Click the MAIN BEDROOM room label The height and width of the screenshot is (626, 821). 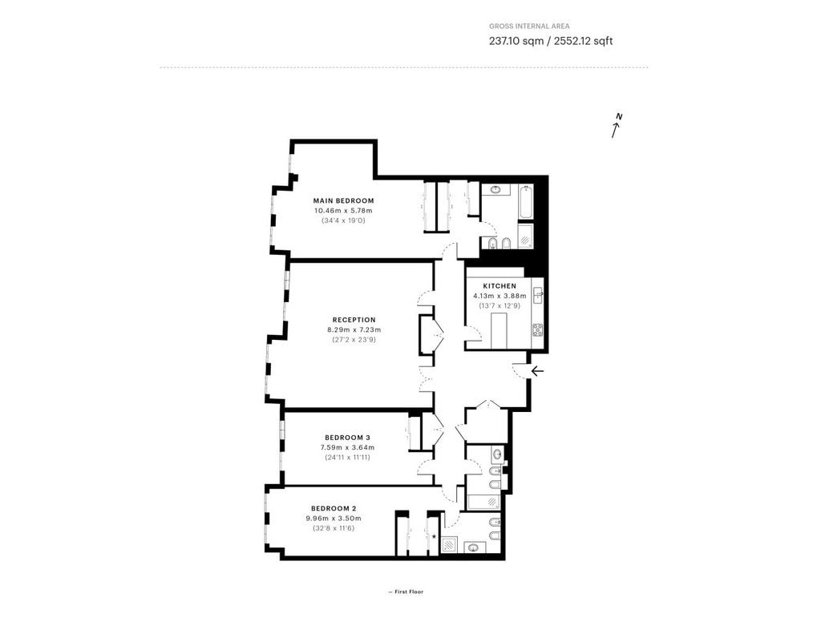(343, 200)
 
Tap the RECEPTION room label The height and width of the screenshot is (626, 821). (354, 320)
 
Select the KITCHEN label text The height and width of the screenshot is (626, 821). (499, 286)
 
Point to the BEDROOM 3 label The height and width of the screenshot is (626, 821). (348, 438)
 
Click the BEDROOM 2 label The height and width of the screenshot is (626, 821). (334, 508)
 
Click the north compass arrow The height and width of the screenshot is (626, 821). (617, 126)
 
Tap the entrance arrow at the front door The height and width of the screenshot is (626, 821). (538, 371)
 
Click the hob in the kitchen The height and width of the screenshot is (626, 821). (538, 329)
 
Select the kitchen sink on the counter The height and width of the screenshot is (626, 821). (538, 296)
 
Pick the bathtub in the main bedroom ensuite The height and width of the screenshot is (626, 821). (526, 201)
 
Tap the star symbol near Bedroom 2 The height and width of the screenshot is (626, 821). (434, 536)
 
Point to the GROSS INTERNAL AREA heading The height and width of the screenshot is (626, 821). (529, 26)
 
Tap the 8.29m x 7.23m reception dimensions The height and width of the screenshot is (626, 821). (354, 329)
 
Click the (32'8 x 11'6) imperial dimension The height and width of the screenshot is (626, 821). (334, 528)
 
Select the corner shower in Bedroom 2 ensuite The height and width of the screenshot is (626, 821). (449, 545)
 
